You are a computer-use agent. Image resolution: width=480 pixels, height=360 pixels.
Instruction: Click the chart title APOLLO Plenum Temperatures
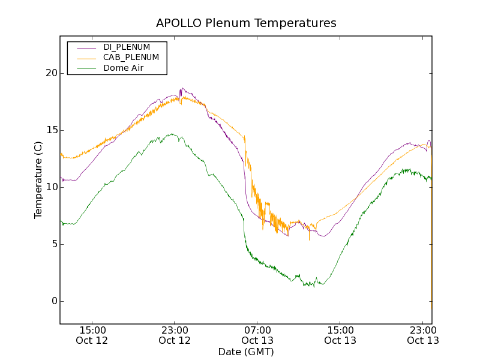(x=246, y=23)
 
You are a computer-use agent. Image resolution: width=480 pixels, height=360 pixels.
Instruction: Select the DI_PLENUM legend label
(x=127, y=47)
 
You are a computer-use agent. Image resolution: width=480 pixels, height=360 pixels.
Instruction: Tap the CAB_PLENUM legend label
(x=131, y=58)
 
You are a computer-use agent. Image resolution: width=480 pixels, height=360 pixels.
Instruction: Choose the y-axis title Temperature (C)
(x=38, y=180)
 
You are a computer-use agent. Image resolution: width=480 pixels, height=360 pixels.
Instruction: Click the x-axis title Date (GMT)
(x=246, y=352)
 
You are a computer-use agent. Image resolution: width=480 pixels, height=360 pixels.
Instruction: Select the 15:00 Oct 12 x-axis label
(x=92, y=335)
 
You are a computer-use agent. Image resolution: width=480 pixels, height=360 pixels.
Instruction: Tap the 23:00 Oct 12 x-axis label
(x=175, y=335)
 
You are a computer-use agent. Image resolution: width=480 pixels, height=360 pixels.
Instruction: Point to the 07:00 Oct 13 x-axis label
(x=257, y=335)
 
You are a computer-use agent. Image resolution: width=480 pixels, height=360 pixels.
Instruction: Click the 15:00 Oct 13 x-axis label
(x=340, y=335)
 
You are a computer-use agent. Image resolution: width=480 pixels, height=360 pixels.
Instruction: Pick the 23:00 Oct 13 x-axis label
(x=422, y=335)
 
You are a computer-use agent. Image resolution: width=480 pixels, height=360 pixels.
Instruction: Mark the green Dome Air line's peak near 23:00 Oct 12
(x=172, y=134)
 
